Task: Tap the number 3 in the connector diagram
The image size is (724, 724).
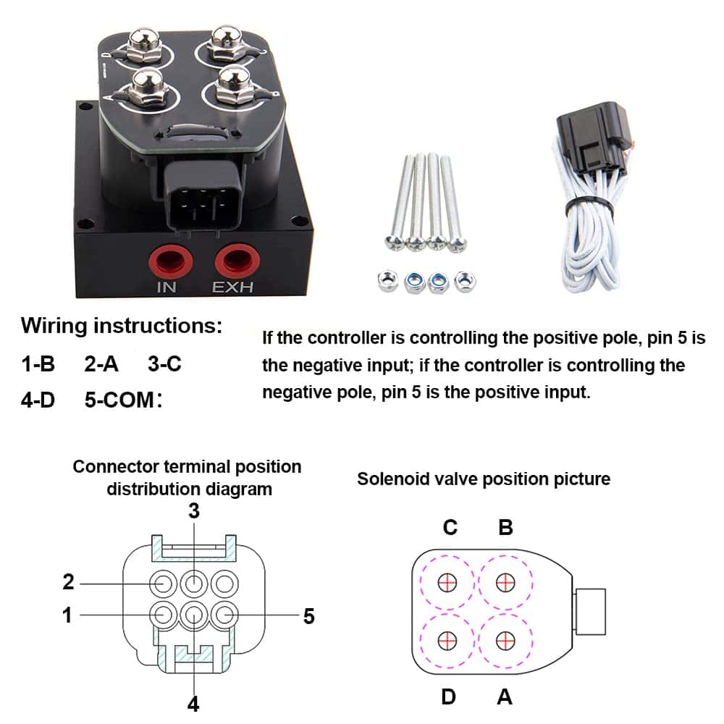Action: (193, 510)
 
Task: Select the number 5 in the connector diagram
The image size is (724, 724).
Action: (309, 616)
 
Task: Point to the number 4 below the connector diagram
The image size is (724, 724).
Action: (193, 703)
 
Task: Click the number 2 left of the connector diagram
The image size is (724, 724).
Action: (68, 581)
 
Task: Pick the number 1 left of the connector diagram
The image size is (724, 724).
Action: (67, 615)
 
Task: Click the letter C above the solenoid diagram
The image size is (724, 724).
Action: (450, 527)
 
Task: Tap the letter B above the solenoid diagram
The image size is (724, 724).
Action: (505, 527)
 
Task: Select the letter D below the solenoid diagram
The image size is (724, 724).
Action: (449, 696)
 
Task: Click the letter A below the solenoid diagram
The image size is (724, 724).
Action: (505, 696)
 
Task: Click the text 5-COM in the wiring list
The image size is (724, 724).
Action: (119, 400)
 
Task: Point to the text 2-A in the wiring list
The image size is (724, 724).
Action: (101, 363)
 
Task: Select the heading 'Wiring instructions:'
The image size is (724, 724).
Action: (122, 326)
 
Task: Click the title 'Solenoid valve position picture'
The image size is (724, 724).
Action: (484, 479)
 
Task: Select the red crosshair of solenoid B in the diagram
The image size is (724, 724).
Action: (505, 582)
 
